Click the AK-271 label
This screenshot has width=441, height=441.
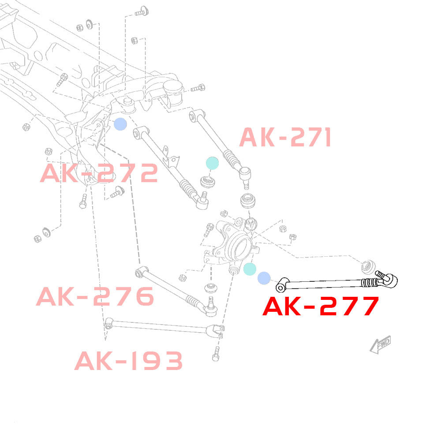pos(285,137)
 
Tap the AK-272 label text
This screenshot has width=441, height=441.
pos(99,173)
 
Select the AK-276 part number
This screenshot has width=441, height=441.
pos(95,296)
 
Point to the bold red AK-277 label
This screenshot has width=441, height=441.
pos(321,306)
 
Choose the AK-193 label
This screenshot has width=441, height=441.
pos(128,361)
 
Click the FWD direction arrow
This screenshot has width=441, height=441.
pos(380,344)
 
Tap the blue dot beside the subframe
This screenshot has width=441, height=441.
pos(120,124)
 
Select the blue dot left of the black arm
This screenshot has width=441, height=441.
pos(264,278)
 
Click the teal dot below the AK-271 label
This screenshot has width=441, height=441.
pos(213,163)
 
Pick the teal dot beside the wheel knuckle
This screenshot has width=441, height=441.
pos(250,269)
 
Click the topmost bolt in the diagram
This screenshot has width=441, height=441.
pos(142,11)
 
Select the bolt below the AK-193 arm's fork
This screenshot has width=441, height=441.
pos(216,354)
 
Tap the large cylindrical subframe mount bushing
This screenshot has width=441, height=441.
pos(173,92)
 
